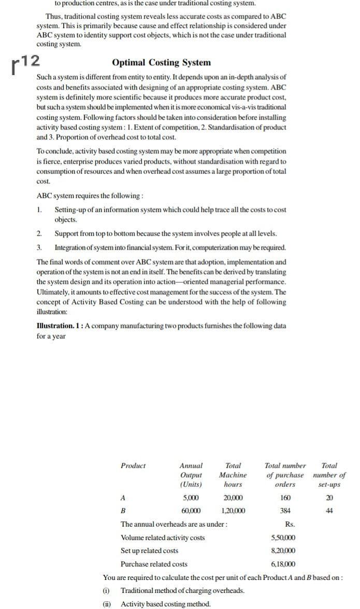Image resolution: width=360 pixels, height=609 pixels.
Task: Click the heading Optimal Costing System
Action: [161, 63]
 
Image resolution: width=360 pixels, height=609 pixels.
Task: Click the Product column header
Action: [133, 466]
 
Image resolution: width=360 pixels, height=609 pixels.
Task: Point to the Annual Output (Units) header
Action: [191, 475]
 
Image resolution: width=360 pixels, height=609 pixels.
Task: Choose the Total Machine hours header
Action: [233, 475]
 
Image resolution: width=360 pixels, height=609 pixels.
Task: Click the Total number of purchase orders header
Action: [285, 475]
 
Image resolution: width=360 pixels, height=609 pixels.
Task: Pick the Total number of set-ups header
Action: [329, 475]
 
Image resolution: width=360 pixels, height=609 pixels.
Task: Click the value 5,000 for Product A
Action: [191, 498]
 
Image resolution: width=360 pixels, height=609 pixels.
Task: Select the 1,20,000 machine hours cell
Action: [233, 511]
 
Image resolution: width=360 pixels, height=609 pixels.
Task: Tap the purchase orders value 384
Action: [285, 511]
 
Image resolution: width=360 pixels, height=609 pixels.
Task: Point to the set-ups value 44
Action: [329, 511]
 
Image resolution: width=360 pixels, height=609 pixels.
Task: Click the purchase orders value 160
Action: [285, 498]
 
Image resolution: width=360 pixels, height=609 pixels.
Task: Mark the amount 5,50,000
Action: [283, 538]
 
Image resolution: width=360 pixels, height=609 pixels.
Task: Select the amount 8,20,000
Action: [283, 550]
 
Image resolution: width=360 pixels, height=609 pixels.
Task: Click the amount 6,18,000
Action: [283, 564]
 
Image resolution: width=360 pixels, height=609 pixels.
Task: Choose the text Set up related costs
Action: [149, 550]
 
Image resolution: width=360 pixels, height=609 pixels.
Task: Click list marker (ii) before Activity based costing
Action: [106, 604]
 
